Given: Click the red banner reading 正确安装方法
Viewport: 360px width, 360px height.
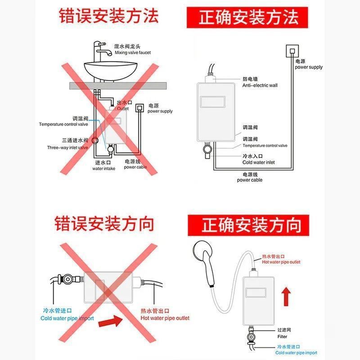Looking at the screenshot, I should [x=249, y=18].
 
